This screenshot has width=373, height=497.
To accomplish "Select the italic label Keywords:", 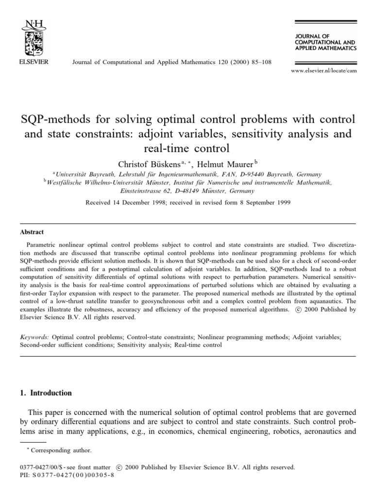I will click(x=34, y=336).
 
